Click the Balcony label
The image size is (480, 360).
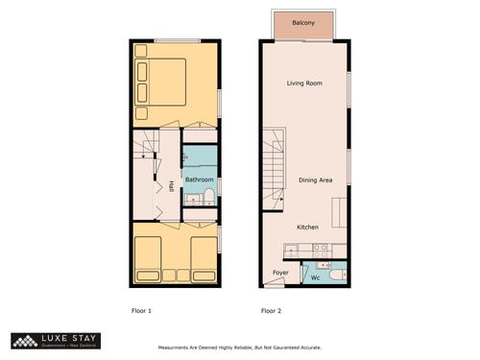[x=303, y=24]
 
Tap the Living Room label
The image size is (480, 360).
[x=303, y=84]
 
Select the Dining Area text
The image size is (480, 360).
[x=315, y=180]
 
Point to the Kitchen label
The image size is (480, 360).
[x=307, y=228]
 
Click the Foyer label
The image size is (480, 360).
[x=280, y=273]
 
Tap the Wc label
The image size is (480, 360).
[x=314, y=277]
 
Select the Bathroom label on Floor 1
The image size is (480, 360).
[x=199, y=180]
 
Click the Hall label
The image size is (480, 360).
[x=171, y=185]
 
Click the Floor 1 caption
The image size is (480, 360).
[x=141, y=311]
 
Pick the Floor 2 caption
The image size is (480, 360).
[x=272, y=311]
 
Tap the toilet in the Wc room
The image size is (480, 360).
[x=332, y=276]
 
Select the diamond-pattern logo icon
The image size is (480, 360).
[x=23, y=340]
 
